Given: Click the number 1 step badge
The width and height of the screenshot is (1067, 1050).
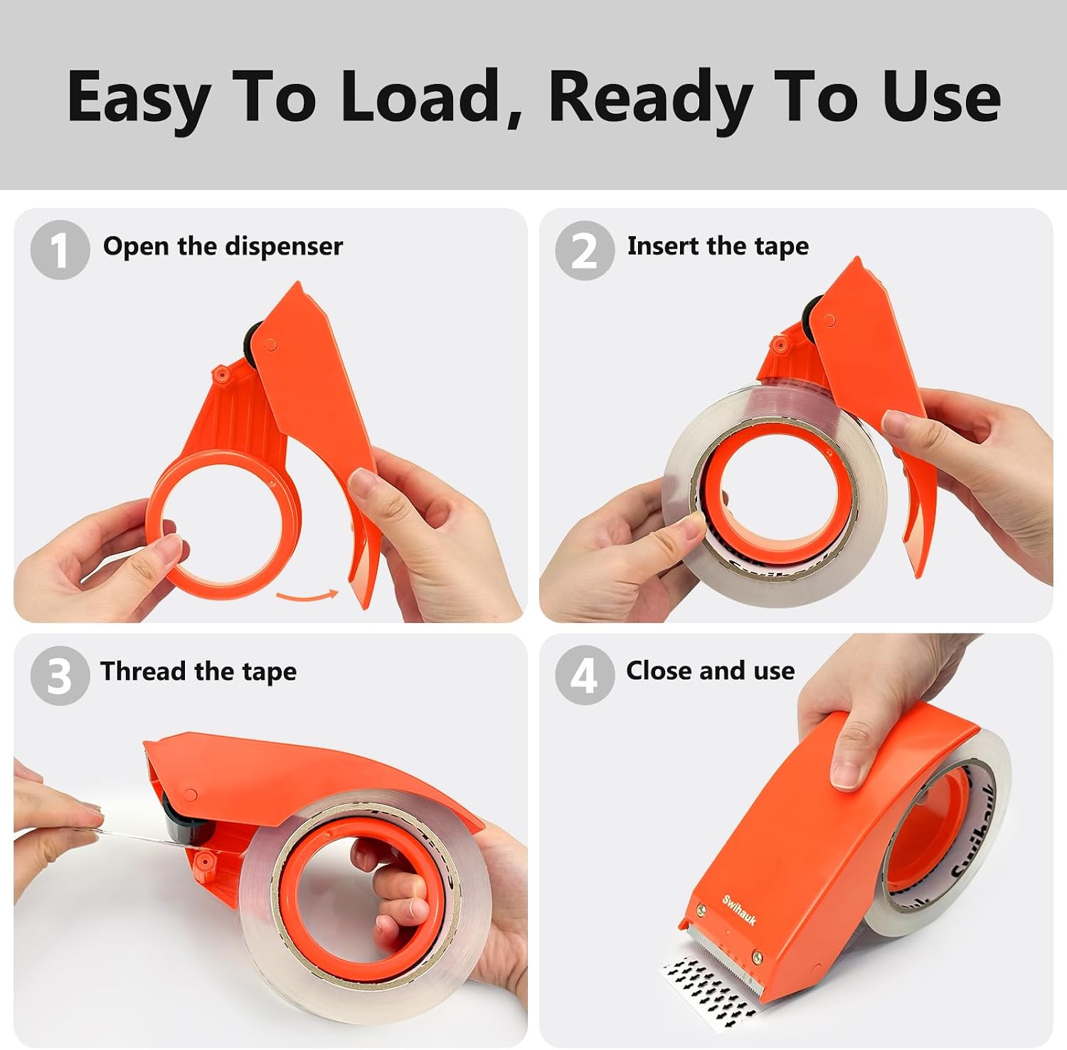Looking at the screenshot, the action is (x=60, y=250).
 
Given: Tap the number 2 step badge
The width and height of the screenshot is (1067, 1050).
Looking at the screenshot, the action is (x=585, y=250).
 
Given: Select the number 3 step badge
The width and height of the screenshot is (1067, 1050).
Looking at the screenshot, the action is (x=60, y=676).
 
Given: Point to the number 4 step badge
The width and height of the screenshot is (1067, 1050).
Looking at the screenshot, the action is (x=585, y=675).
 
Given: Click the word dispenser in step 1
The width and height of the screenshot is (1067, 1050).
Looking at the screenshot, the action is (x=283, y=247).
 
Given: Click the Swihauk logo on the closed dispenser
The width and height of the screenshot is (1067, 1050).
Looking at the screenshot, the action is (x=739, y=910).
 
